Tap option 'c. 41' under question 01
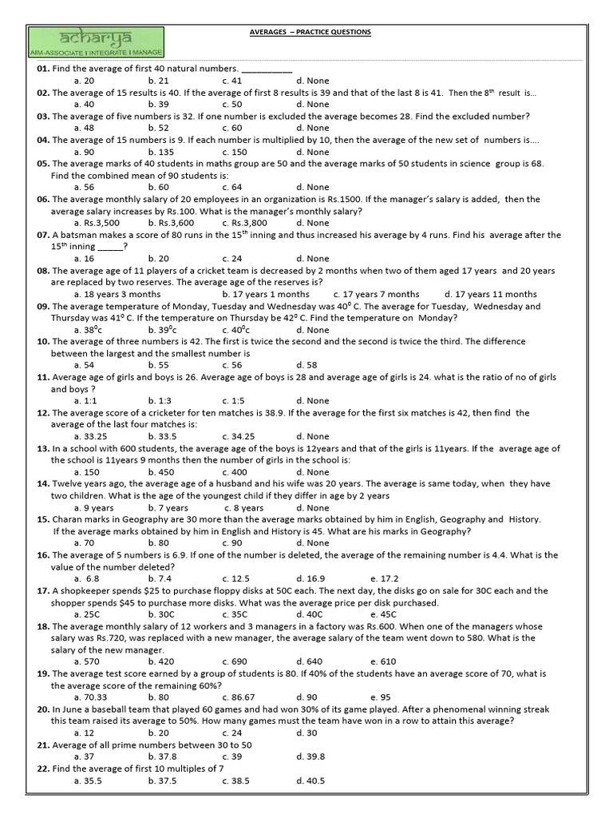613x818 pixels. tap(232, 81)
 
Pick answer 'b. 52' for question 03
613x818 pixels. tap(158, 128)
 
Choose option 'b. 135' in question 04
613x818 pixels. tap(160, 152)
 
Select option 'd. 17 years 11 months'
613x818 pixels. tap(490, 294)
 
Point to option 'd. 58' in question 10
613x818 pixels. tap(306, 364)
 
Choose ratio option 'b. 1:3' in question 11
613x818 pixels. tap(158, 400)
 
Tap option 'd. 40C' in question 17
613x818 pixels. tap(309, 614)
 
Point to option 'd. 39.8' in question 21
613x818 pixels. tap(310, 756)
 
